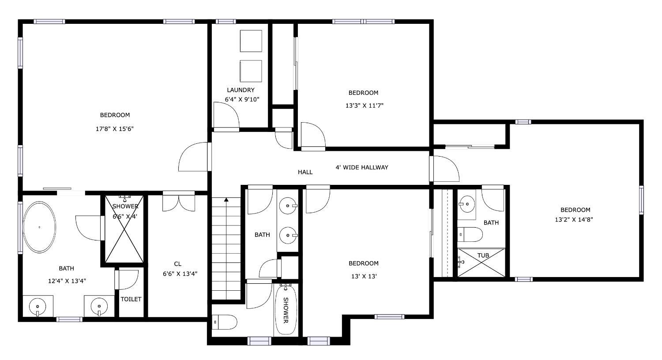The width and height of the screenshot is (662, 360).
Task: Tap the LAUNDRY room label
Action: [x=241, y=90]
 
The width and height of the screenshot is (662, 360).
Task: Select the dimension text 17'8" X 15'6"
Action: [x=115, y=129]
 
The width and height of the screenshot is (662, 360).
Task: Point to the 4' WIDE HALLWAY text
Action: [x=362, y=168]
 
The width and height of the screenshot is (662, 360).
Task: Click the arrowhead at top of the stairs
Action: [x=226, y=200]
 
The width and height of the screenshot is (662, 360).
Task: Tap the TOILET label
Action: [x=131, y=299]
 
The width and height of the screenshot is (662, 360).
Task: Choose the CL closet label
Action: [x=177, y=264]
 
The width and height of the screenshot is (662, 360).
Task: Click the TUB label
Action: [x=483, y=255]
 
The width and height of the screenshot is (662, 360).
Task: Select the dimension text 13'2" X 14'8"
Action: [x=574, y=219]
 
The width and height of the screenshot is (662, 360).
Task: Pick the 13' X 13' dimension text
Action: [x=364, y=277]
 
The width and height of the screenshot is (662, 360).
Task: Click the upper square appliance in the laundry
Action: [x=251, y=41]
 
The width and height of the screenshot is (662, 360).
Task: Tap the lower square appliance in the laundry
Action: [x=251, y=71]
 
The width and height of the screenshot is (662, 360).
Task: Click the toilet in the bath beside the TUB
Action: [x=470, y=235]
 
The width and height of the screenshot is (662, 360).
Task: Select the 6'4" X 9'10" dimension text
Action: [x=242, y=100]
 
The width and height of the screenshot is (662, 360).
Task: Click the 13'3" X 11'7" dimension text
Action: [x=365, y=105]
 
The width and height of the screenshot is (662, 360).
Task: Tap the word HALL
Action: [x=305, y=172]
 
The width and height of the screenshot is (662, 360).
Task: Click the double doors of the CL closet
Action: [x=178, y=201]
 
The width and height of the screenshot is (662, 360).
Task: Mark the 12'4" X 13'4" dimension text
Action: [x=67, y=281]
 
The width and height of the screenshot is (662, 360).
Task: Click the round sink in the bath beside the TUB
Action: [x=467, y=204]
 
